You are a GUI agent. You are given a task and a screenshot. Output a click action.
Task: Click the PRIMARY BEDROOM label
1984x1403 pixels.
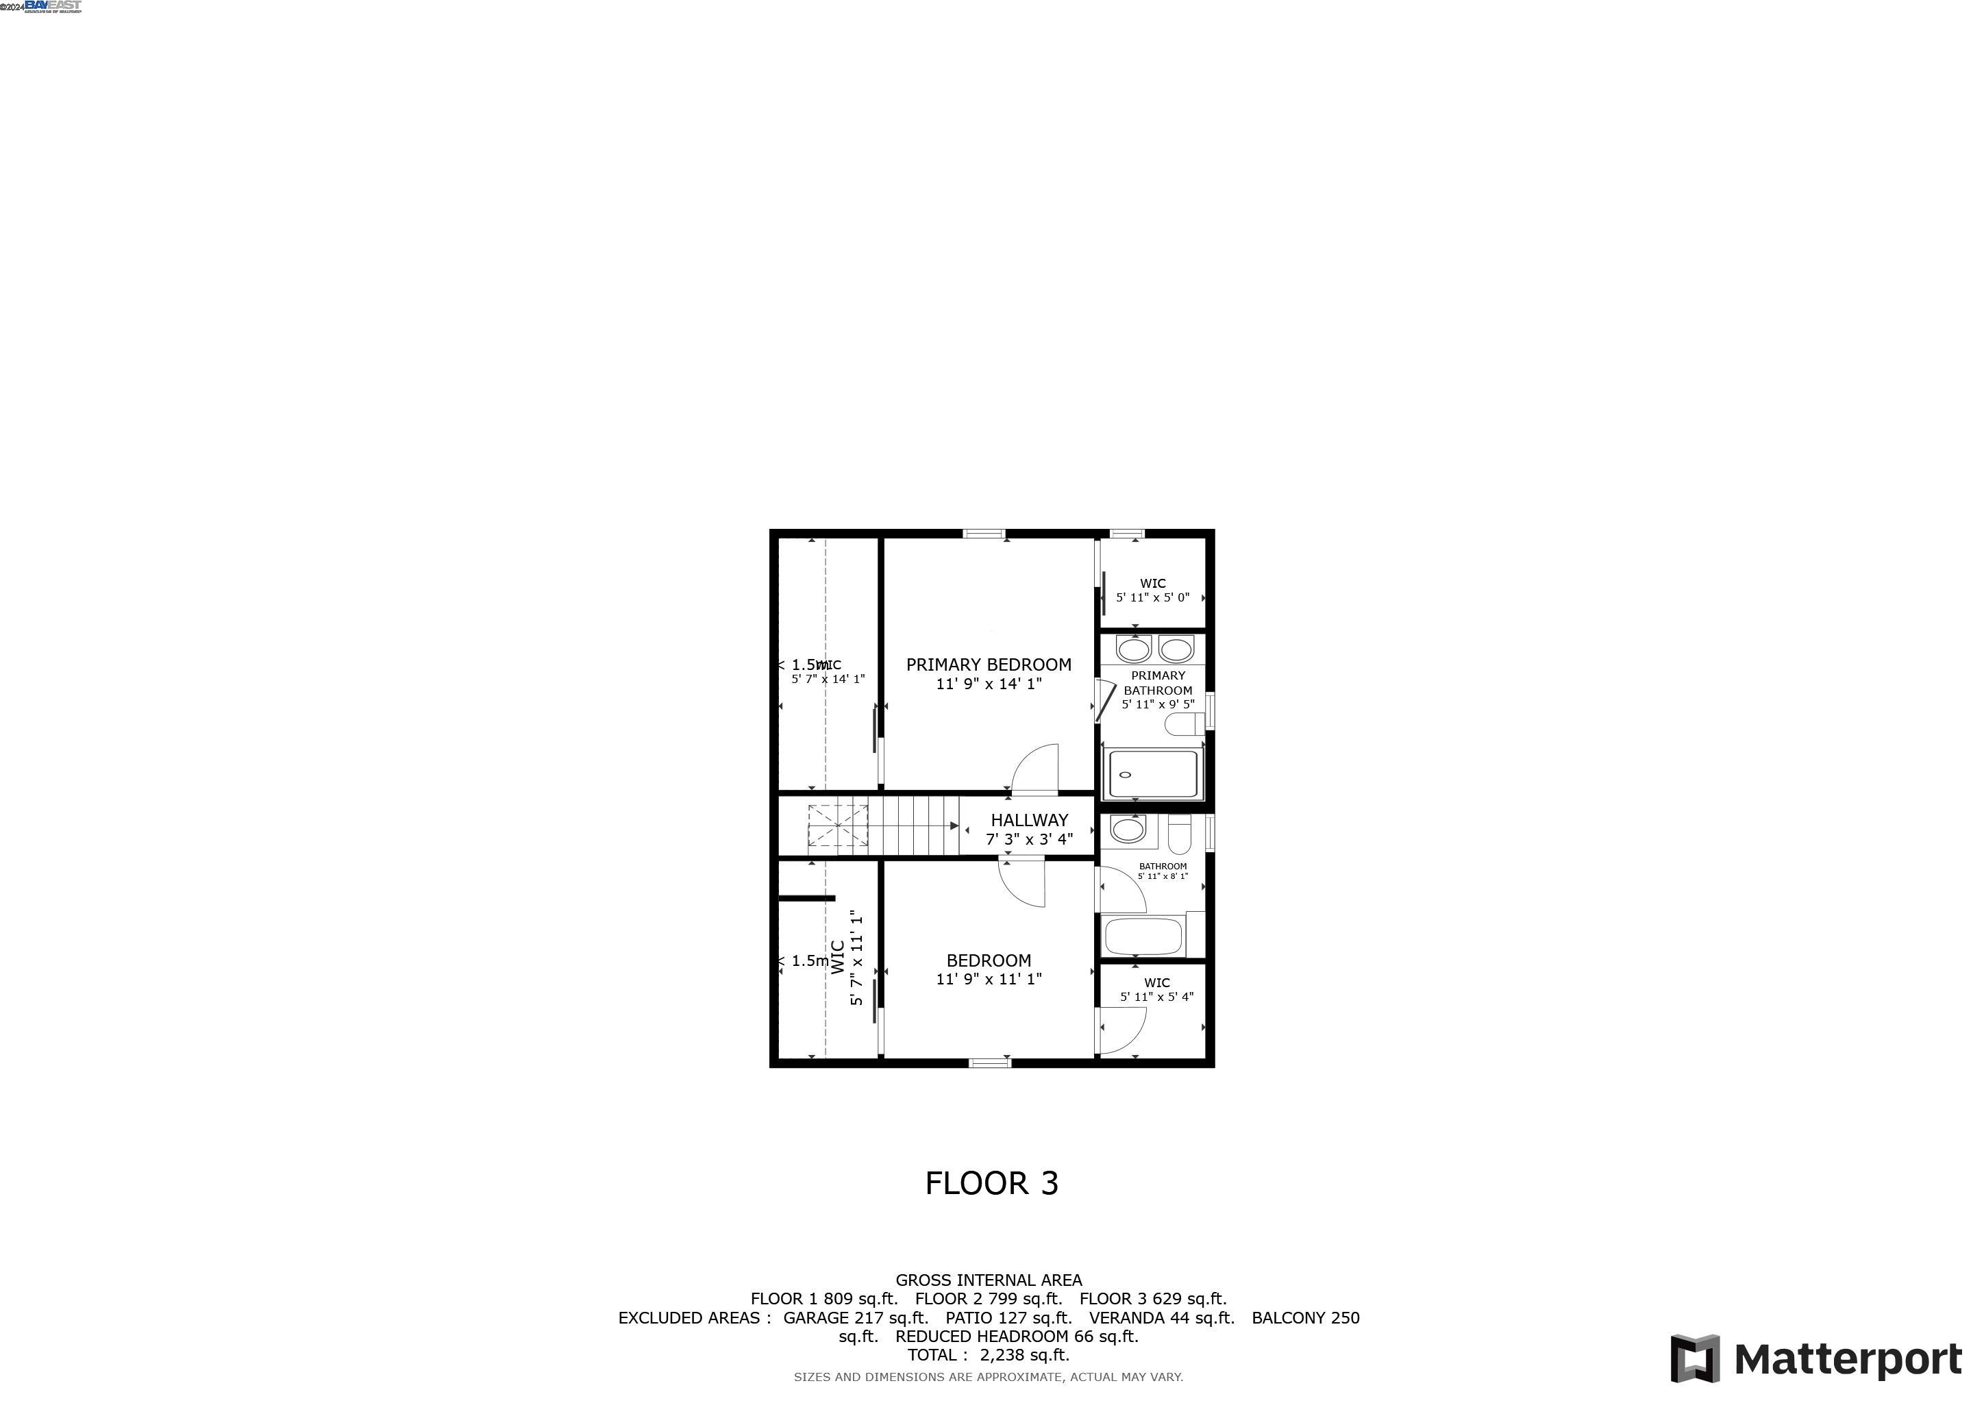click(x=989, y=665)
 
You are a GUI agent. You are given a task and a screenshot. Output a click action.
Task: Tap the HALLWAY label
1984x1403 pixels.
click(x=1029, y=820)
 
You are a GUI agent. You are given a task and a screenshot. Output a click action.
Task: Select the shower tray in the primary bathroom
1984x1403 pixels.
click(x=1153, y=774)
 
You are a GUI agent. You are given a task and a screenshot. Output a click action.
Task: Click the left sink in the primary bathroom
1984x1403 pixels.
click(x=1133, y=648)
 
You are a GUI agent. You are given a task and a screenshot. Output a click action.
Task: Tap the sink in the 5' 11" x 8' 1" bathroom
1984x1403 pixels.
click(x=1127, y=830)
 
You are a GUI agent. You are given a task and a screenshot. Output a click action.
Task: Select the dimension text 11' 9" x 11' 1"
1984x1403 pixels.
click(x=989, y=980)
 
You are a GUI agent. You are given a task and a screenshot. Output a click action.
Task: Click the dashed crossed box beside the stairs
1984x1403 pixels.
click(x=837, y=826)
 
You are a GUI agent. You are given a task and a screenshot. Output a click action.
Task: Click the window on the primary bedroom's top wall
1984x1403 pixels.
click(x=984, y=534)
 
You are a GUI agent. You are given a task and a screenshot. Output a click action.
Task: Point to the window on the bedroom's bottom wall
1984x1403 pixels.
click(x=989, y=1063)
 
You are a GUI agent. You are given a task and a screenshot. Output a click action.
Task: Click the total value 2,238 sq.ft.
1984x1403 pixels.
click(x=1024, y=1354)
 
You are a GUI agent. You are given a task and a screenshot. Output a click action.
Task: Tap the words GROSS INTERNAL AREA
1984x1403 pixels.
click(x=989, y=1280)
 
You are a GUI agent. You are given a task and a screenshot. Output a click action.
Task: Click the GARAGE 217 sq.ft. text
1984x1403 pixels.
click(x=854, y=1317)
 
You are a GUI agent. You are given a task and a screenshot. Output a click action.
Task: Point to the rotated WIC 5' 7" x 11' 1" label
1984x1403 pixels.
click(x=846, y=957)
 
